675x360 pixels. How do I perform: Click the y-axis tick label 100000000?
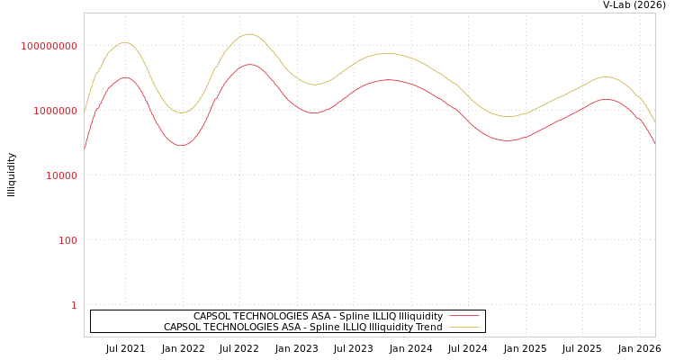[49, 46]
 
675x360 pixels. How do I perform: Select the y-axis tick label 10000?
[61, 175]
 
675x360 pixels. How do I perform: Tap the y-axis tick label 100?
[67, 240]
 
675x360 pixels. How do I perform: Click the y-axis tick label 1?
[74, 305]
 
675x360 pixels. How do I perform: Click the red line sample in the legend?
[463, 317]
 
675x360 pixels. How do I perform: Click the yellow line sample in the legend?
[463, 328]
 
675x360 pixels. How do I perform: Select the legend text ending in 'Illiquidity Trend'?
[302, 328]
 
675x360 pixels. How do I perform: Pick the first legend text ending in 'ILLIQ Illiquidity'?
[318, 317]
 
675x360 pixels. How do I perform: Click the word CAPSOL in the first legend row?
[212, 317]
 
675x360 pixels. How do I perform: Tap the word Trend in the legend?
[427, 328]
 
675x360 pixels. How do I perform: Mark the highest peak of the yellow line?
[248, 34]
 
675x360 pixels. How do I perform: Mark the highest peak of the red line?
[250, 64]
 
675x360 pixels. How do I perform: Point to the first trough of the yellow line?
[182, 112]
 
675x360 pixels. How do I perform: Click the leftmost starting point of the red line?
[85, 148]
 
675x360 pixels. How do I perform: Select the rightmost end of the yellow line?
[654, 121]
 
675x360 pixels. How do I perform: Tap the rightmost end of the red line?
[654, 143]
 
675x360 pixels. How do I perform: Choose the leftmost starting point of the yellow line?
[85, 111]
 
